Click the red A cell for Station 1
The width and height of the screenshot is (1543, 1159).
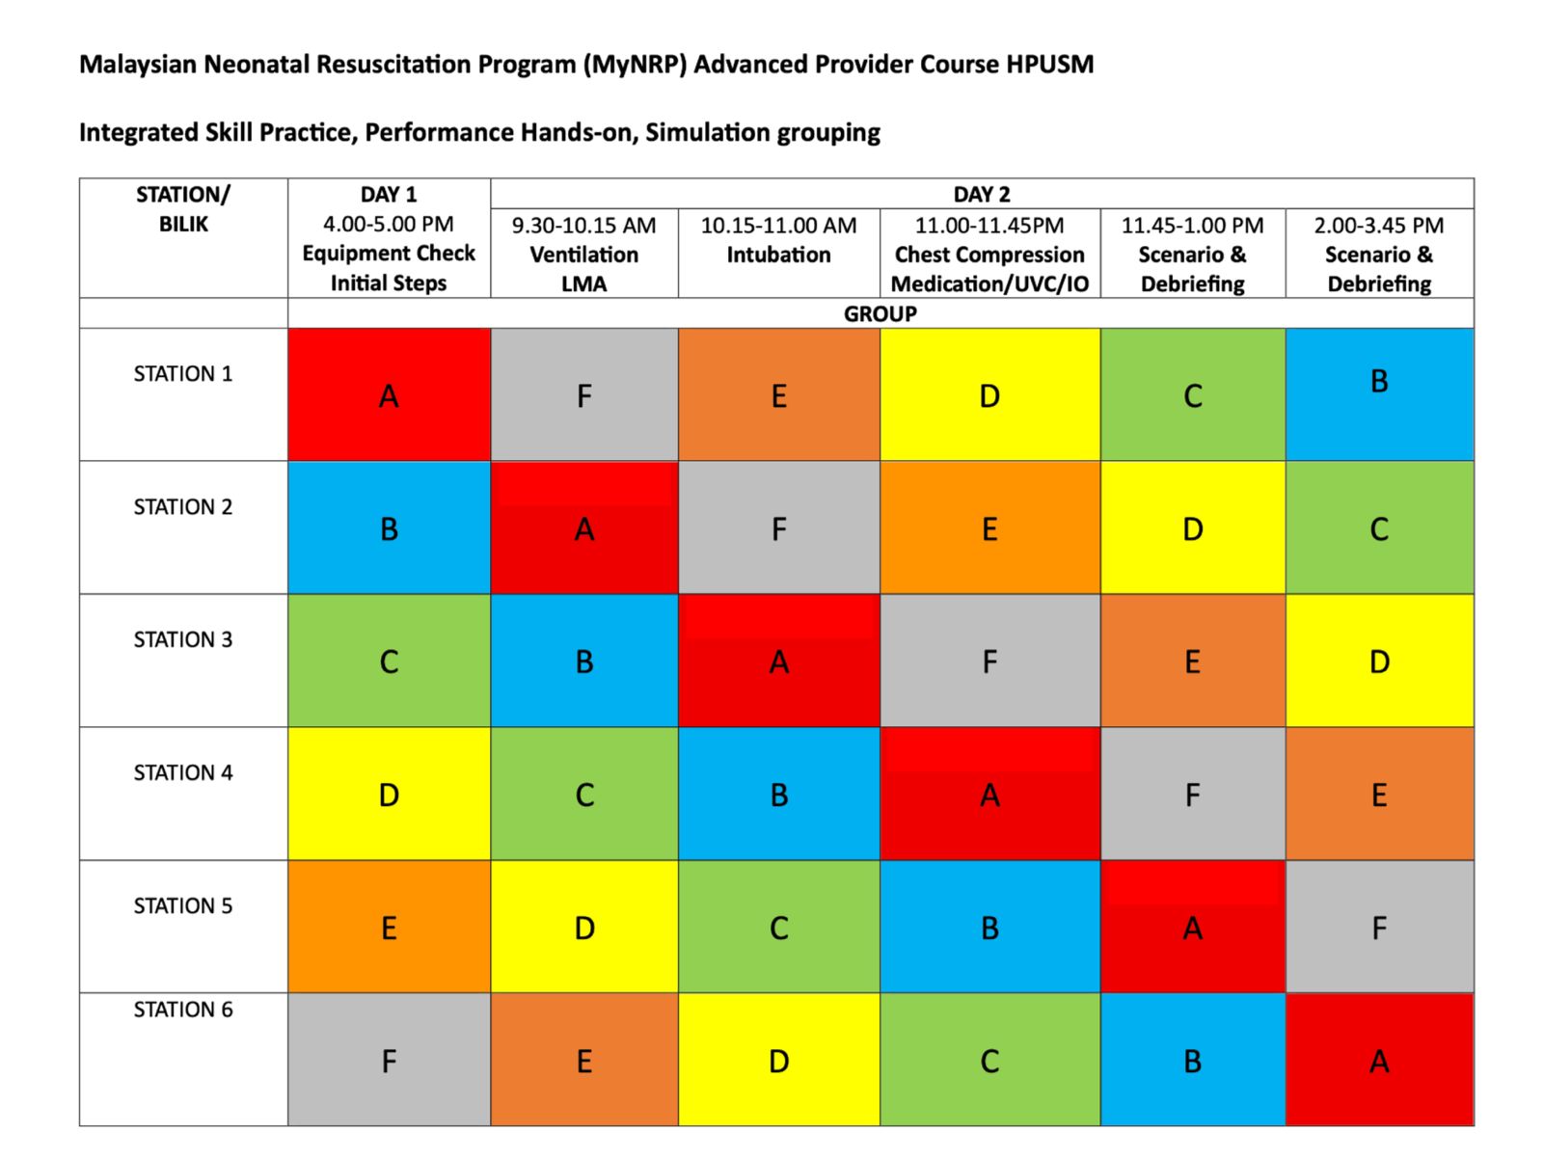[388, 393]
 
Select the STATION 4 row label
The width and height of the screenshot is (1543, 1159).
[183, 772]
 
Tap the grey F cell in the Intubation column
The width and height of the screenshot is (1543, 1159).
[778, 527]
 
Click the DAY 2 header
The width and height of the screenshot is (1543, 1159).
[982, 194]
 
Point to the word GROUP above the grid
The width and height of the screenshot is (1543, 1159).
[880, 313]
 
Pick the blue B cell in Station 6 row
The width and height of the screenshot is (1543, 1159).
[1192, 1059]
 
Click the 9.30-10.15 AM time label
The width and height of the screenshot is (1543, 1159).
[583, 225]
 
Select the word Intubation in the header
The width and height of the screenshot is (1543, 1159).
[778, 255]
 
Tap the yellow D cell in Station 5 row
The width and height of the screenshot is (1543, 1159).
[583, 927]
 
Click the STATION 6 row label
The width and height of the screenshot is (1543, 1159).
[183, 1010]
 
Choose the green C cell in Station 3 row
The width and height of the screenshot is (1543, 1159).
[388, 660]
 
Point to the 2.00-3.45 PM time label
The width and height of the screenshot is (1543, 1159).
[1378, 225]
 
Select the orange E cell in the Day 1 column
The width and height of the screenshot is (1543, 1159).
[388, 927]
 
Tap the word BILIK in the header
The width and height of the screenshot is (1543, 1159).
[183, 225]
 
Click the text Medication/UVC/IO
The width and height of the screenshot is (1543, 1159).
[989, 283]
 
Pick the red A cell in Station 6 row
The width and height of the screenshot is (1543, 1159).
[1379, 1059]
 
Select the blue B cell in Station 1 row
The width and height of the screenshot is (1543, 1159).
[1379, 393]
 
